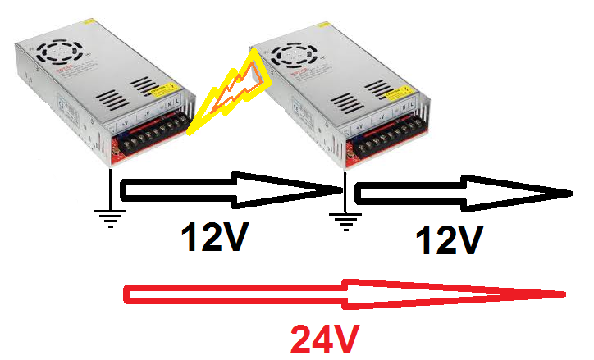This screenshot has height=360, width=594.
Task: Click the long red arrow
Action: pyautogui.click(x=345, y=294)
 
